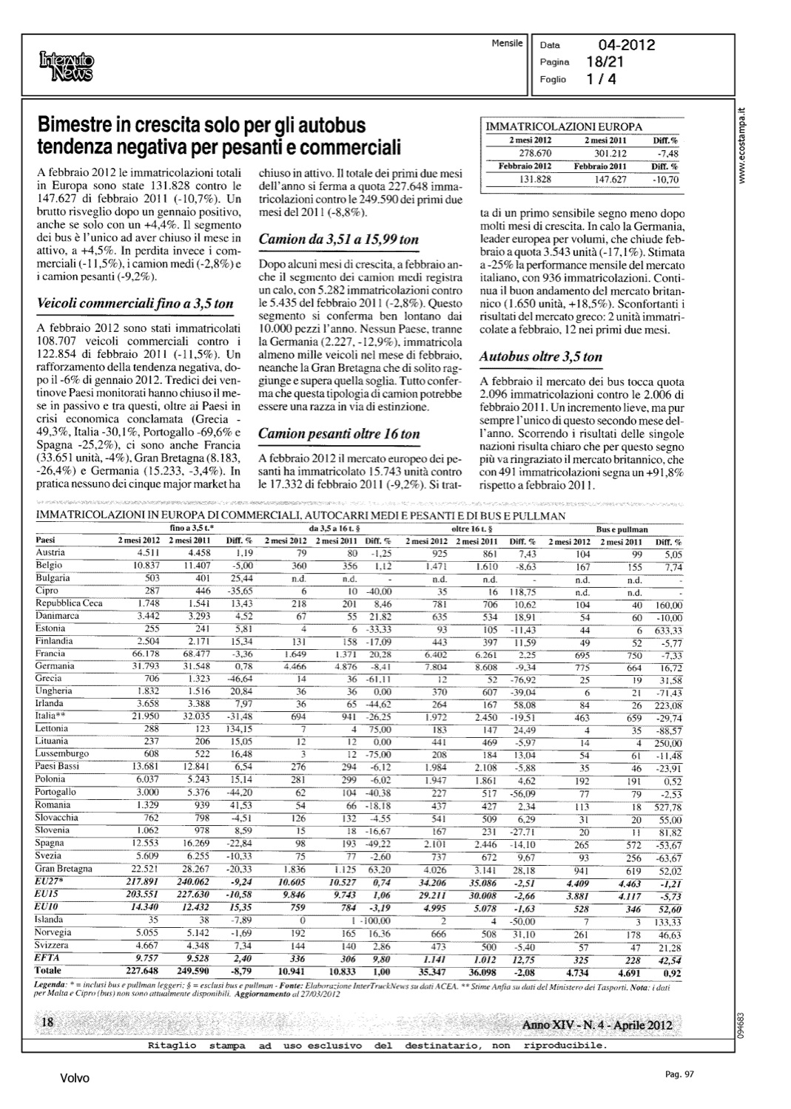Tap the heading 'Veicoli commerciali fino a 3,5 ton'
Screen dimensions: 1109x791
135,303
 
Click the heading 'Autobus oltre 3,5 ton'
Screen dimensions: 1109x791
541,356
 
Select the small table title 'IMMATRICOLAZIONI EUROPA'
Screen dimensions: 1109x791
564,127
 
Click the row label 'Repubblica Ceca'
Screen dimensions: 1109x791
69,603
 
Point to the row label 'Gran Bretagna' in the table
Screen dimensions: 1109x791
64,869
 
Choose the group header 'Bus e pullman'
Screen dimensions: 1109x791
622,529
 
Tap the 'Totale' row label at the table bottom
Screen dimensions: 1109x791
49,970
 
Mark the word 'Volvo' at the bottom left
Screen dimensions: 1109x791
75,1079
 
